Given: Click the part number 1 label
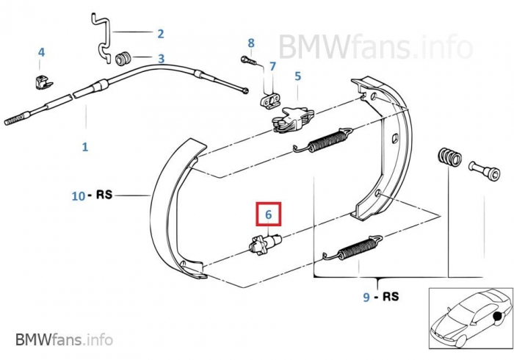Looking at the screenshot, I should click(x=85, y=147).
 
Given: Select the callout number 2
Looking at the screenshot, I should click(x=160, y=33).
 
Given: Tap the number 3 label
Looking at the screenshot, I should click(x=160, y=58).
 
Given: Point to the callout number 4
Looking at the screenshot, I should click(x=41, y=52).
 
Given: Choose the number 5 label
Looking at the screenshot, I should click(x=297, y=76).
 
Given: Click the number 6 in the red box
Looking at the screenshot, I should click(x=269, y=215).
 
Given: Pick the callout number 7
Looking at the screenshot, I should click(x=272, y=66).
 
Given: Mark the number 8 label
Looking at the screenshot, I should click(x=251, y=43).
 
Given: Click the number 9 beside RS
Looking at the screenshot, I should click(x=366, y=298).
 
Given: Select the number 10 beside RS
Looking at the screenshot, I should click(x=79, y=196).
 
